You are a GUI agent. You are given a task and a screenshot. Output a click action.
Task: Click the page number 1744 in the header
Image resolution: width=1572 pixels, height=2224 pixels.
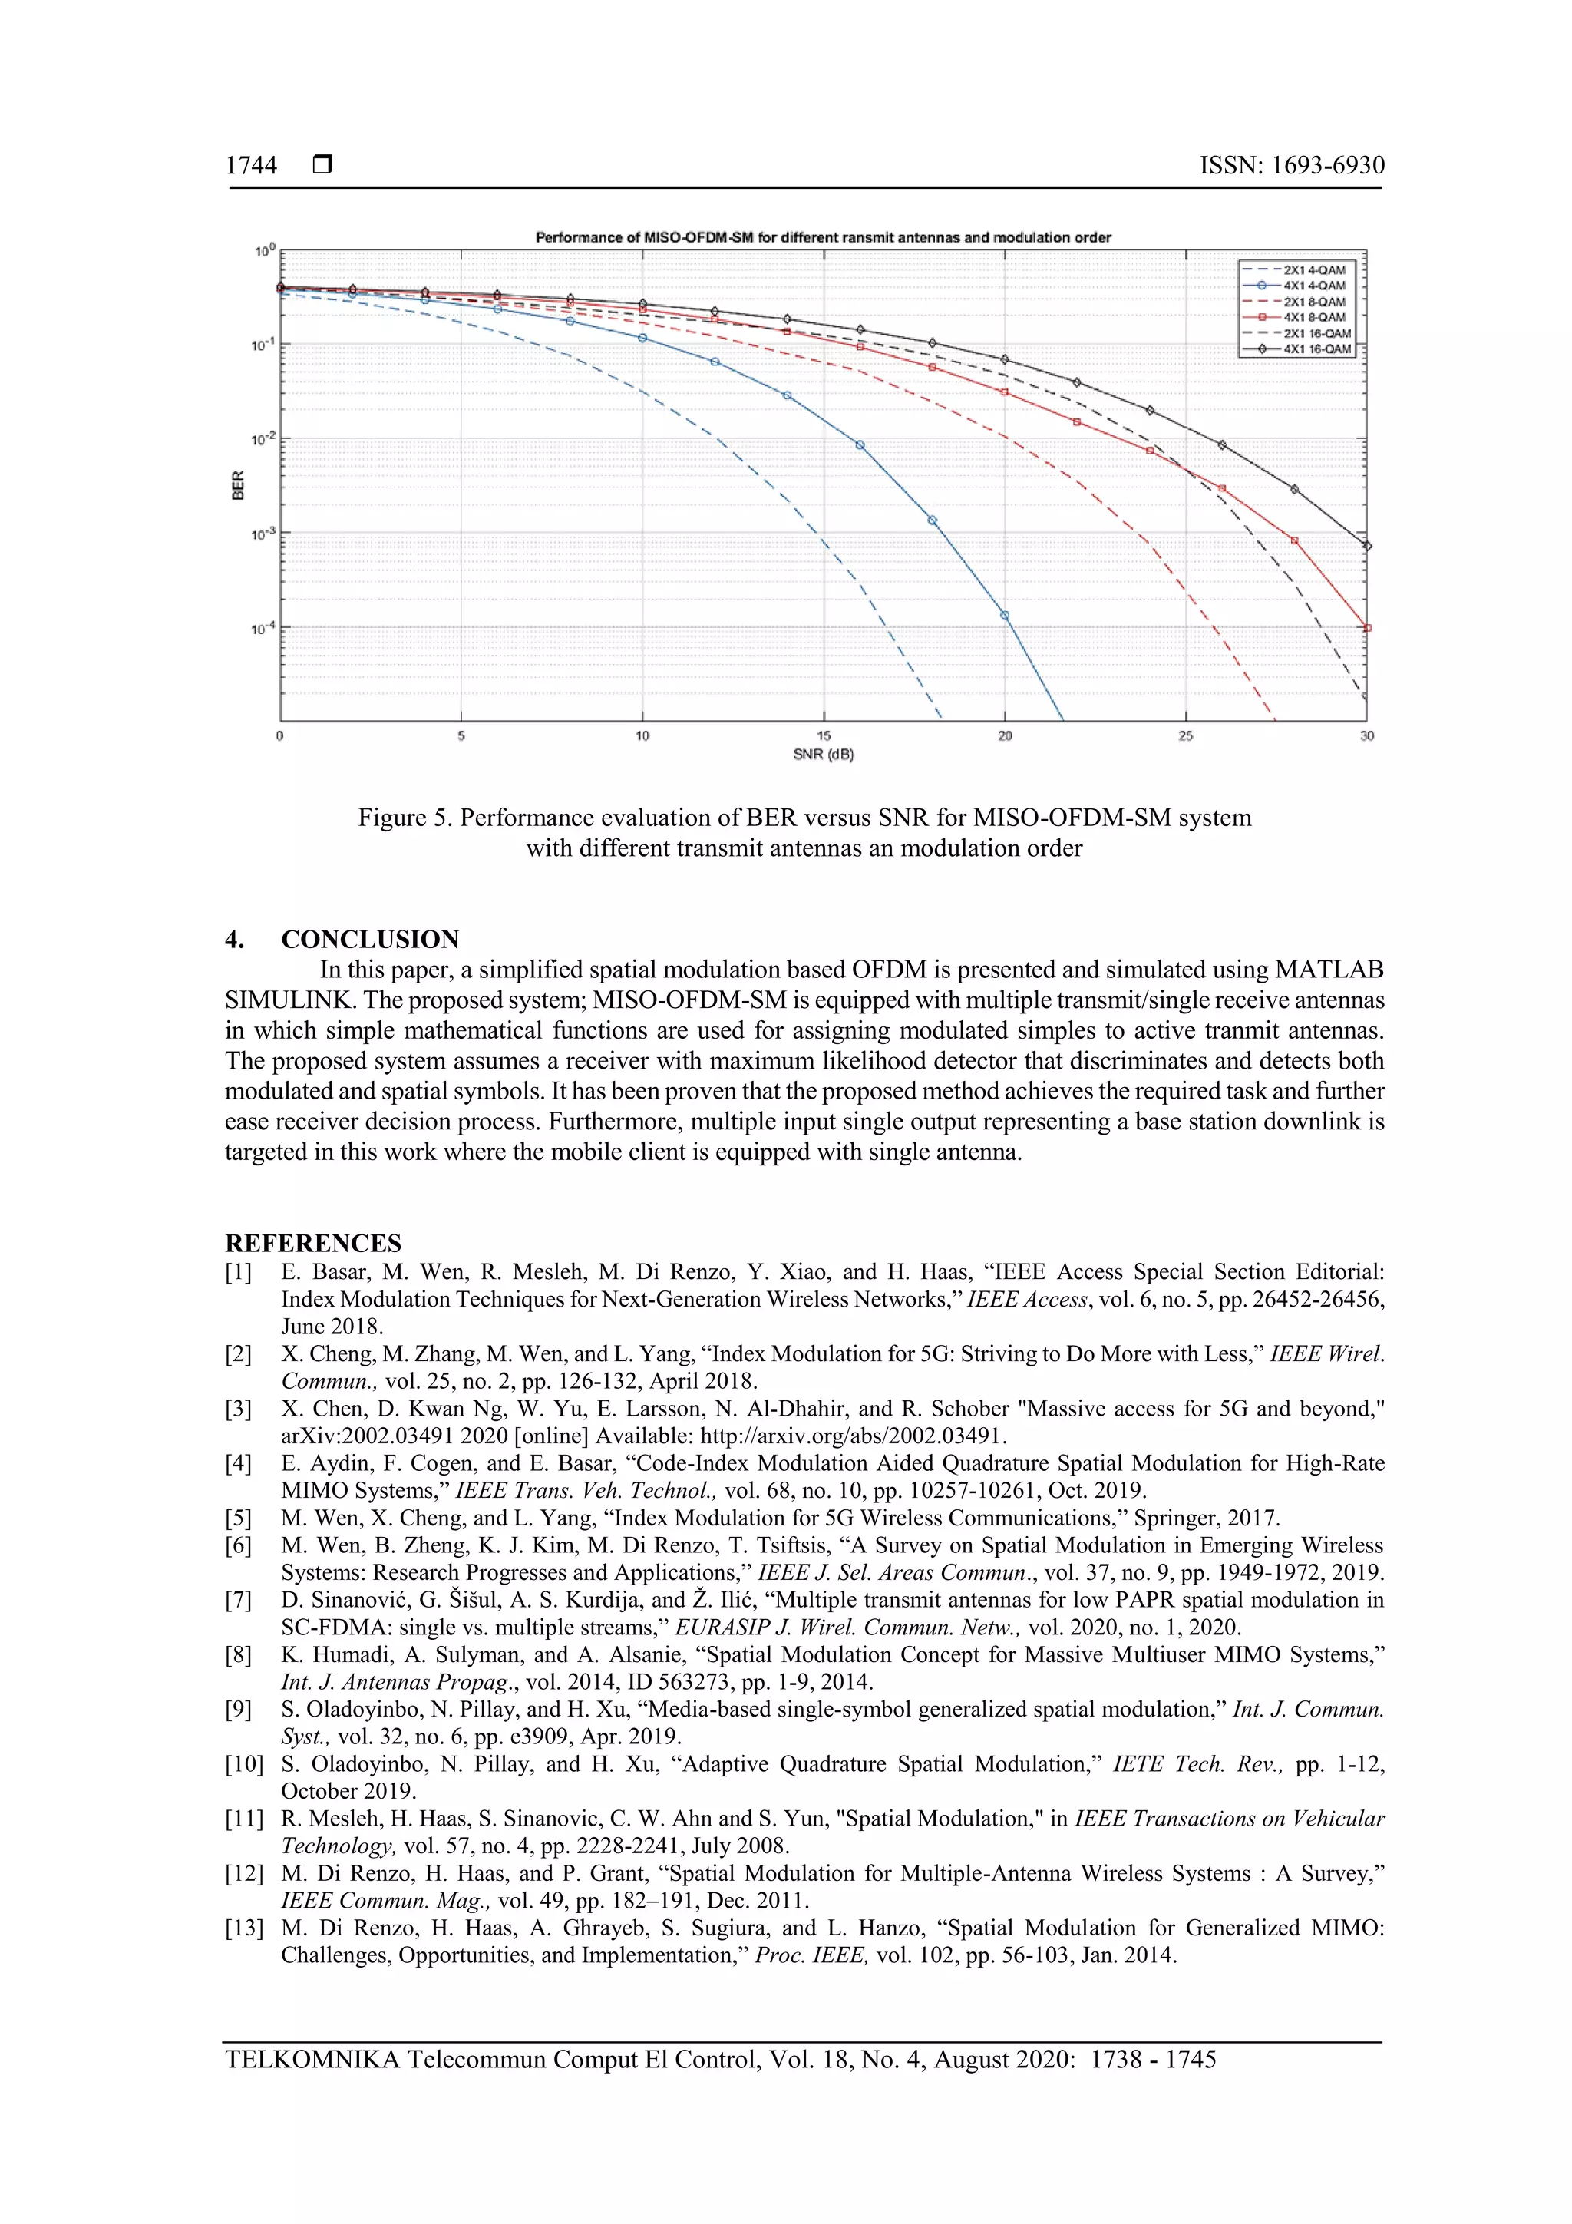pyautogui.click(x=251, y=166)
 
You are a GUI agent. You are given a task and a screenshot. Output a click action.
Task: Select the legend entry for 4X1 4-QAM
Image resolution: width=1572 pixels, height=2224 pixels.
pyautogui.click(x=1313, y=286)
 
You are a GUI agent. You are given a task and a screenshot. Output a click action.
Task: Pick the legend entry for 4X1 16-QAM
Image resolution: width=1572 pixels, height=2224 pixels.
pyautogui.click(x=1316, y=349)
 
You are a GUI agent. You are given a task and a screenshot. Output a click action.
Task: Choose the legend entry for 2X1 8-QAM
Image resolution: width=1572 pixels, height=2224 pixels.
pyautogui.click(x=1313, y=301)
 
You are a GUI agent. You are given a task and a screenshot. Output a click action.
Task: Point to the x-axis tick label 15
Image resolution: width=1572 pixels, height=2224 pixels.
pyautogui.click(x=824, y=736)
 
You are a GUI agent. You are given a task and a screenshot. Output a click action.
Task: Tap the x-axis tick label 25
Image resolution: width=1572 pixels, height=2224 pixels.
pyautogui.click(x=1186, y=736)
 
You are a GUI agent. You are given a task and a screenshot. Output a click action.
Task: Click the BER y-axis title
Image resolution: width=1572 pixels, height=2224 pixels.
pyautogui.click(x=237, y=485)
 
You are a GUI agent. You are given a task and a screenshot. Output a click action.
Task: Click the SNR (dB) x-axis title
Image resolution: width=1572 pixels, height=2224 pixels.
pyautogui.click(x=824, y=755)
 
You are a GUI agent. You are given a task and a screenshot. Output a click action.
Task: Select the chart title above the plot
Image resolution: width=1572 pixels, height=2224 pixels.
pyautogui.click(x=824, y=237)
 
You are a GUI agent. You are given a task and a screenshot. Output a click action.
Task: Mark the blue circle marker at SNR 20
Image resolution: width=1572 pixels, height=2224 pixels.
pyautogui.click(x=1005, y=615)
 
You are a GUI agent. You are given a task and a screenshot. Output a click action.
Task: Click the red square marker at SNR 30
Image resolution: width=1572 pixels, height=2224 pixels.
pyautogui.click(x=1366, y=628)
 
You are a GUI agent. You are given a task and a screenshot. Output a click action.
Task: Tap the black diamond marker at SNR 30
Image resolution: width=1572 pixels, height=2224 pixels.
pyautogui.click(x=1366, y=547)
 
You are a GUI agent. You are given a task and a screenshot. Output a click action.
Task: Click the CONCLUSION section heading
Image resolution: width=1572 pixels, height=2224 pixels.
pyautogui.click(x=369, y=939)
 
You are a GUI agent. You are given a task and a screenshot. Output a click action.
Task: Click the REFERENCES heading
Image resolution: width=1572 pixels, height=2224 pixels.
pyautogui.click(x=313, y=1243)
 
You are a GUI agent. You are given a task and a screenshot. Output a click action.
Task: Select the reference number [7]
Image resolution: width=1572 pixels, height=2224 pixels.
pyautogui.click(x=238, y=1600)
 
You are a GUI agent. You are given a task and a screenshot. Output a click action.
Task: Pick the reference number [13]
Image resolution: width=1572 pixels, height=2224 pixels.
pyautogui.click(x=244, y=1928)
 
